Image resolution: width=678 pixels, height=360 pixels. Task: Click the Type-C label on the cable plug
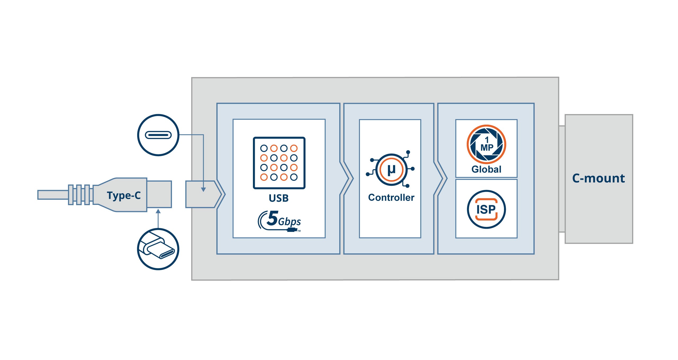[x=124, y=195]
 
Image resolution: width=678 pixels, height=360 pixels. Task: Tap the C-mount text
[x=598, y=178]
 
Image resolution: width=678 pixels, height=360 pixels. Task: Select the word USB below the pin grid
[x=279, y=198]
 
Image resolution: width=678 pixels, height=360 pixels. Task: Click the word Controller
[x=391, y=197]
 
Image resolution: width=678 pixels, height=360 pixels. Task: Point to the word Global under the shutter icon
[x=486, y=169]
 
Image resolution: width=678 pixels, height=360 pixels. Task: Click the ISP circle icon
[x=486, y=209]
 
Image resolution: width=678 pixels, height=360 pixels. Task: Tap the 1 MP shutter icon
[x=486, y=145]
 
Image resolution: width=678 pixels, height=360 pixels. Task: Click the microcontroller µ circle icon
[x=391, y=169]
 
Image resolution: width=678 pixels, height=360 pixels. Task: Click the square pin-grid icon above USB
[x=279, y=163]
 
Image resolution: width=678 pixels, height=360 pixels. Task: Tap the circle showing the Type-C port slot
[x=158, y=135]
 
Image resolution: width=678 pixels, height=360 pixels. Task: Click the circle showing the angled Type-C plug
[x=158, y=249]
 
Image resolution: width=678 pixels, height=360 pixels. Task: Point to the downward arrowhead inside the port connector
[x=203, y=190]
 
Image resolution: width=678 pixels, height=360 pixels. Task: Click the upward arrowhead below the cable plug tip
[x=158, y=211]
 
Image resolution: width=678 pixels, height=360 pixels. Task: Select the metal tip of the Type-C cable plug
[x=159, y=194]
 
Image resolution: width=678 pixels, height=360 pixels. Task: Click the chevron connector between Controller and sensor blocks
[x=441, y=178]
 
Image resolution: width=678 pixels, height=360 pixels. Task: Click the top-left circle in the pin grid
[x=264, y=148]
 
